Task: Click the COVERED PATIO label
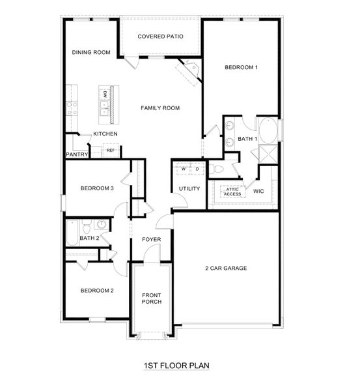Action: click(x=160, y=36)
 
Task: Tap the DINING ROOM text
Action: click(x=91, y=52)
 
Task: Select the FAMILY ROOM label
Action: click(x=160, y=108)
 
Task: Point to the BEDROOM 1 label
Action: click(x=241, y=67)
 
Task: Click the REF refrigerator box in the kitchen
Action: click(x=111, y=151)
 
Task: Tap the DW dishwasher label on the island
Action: click(x=105, y=94)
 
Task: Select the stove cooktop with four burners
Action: click(x=72, y=108)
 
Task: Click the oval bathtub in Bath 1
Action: click(x=268, y=130)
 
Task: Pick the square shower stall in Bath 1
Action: click(x=268, y=154)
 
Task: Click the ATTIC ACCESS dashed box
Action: click(x=232, y=192)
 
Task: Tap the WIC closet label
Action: click(x=258, y=191)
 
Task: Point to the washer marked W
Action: click(x=184, y=169)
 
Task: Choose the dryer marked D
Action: click(x=197, y=169)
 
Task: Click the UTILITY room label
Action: click(x=189, y=188)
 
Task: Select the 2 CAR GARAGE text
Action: click(x=226, y=268)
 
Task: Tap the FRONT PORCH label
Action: click(x=152, y=298)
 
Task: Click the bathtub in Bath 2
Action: click(x=72, y=233)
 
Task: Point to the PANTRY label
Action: click(x=77, y=154)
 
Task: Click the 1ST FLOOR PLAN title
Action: click(x=176, y=366)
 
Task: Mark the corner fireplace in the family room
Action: click(x=189, y=71)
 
